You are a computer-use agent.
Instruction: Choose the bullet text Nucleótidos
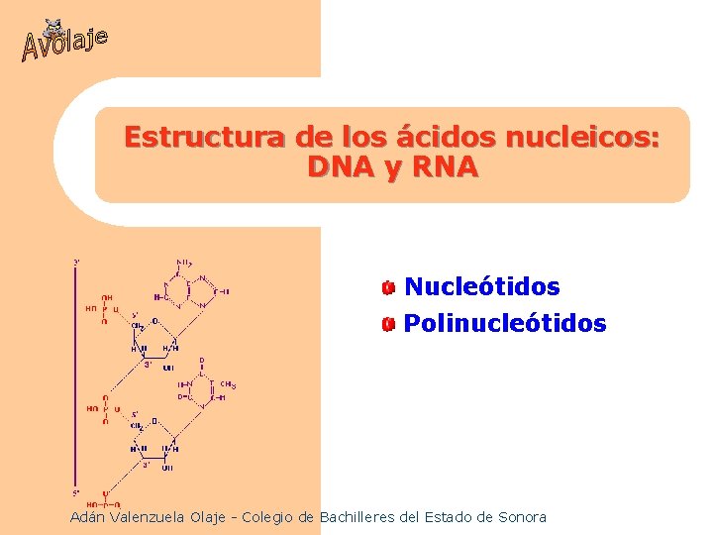(482, 287)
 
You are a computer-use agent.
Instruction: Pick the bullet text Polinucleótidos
(505, 324)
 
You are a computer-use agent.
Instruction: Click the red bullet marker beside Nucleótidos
(389, 288)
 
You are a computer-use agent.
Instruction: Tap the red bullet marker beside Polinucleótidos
(389, 325)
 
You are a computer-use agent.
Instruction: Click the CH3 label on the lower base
(227, 383)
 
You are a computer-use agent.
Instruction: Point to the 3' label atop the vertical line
(76, 262)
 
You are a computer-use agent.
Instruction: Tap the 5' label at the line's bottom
(76, 492)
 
